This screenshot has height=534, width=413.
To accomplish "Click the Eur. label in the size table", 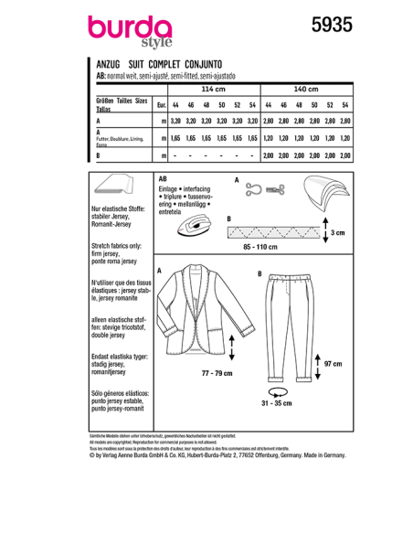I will pos(161,104).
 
